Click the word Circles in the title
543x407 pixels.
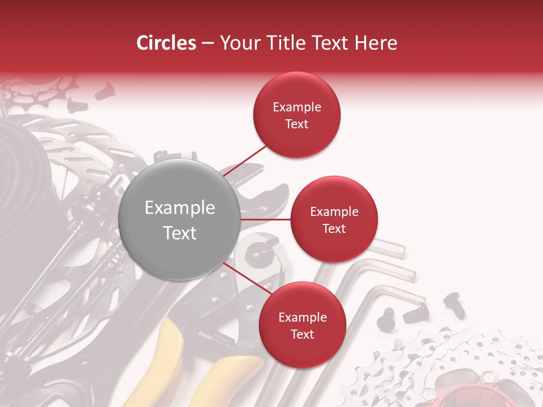tap(166, 42)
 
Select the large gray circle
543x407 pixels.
tap(180, 219)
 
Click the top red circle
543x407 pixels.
tap(297, 115)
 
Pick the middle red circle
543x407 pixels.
tap(334, 219)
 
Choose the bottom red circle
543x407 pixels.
tap(302, 325)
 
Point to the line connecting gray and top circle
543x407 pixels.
tap(246, 160)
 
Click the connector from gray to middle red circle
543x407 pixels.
tap(266, 219)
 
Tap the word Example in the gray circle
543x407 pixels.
tap(180, 208)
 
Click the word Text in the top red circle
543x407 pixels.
tap(297, 124)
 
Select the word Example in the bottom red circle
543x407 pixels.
tap(302, 317)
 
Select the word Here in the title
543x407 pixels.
tap(377, 42)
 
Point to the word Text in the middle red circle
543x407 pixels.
tap(334, 229)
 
